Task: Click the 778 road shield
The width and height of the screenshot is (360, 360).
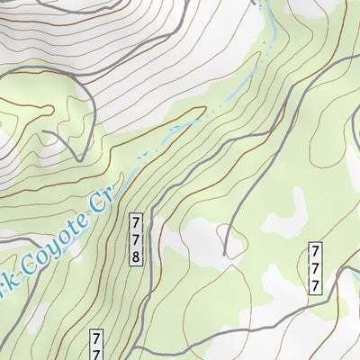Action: point(137,238)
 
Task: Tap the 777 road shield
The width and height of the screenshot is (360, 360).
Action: point(316,267)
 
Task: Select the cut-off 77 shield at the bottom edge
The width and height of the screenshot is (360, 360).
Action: point(96,346)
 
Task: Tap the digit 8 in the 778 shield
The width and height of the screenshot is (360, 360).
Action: point(137,256)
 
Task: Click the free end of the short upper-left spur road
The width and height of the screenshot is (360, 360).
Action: point(42,134)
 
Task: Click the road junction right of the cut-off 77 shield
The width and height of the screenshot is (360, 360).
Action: point(135,346)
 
